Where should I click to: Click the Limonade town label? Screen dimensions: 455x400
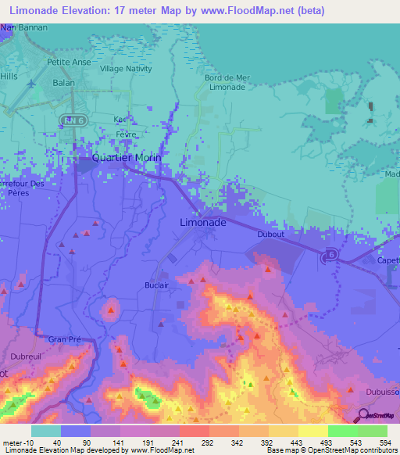click(203, 222)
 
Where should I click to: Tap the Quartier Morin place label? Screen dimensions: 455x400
click(127, 157)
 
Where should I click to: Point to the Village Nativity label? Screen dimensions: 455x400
click(126, 68)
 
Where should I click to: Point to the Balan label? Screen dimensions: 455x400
click(63, 81)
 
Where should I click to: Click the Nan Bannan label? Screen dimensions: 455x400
click(24, 27)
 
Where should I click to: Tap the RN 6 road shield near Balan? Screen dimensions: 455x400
click(70, 118)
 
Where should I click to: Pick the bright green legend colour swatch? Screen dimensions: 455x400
click(343, 431)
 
